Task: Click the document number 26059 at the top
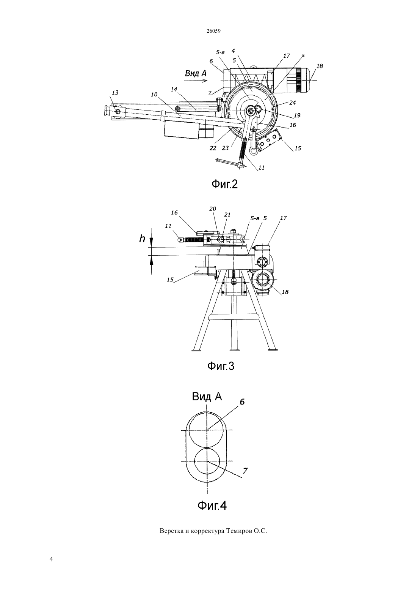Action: click(213, 31)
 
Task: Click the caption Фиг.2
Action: click(224, 184)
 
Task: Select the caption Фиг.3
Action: click(221, 366)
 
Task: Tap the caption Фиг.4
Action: click(212, 506)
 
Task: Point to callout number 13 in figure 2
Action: click(115, 93)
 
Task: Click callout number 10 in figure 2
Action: click(154, 94)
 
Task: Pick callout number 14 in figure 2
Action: click(174, 89)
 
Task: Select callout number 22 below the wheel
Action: click(213, 148)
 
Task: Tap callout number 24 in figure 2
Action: click(293, 103)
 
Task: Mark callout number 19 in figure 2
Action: click(297, 115)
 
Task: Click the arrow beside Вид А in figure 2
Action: click(196, 81)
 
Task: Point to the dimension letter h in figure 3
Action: click(142, 239)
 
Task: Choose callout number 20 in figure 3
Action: click(213, 209)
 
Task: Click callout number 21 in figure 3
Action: click(227, 215)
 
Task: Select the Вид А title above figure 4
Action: click(207, 397)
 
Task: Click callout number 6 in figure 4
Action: click(242, 401)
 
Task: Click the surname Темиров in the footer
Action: click(239, 531)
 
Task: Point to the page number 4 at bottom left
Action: click(51, 559)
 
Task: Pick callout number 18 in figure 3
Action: click(285, 292)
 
